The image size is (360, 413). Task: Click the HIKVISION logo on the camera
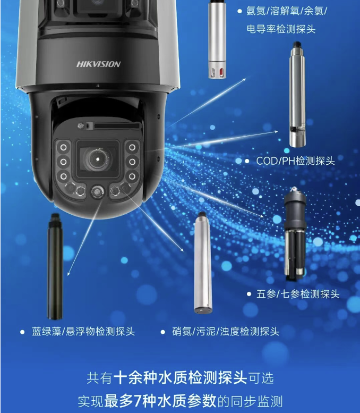click(98, 64)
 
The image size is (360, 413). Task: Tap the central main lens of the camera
click(98, 159)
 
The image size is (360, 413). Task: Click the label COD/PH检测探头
click(296, 161)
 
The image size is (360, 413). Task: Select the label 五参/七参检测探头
click(298, 294)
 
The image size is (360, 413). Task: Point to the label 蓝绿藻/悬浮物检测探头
click(83, 331)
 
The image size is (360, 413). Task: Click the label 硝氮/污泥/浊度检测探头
click(226, 331)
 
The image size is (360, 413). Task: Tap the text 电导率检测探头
click(281, 29)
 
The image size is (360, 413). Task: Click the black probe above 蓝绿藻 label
click(55, 266)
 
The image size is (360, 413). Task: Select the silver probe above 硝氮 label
click(203, 263)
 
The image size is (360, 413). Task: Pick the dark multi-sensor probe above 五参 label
click(295, 234)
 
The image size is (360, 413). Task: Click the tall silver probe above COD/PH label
click(297, 94)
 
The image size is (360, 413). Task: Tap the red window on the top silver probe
click(221, 71)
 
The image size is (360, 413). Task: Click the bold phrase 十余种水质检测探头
click(180, 378)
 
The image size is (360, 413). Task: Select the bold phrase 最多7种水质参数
click(160, 401)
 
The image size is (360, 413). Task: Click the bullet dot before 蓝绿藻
click(22, 332)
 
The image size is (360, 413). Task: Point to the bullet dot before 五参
click(249, 294)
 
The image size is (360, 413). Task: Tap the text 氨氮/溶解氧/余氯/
click(287, 11)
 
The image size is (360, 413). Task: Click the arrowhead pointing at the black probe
click(68, 274)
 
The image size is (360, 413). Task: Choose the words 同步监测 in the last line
click(256, 401)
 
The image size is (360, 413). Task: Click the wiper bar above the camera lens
click(117, 126)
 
